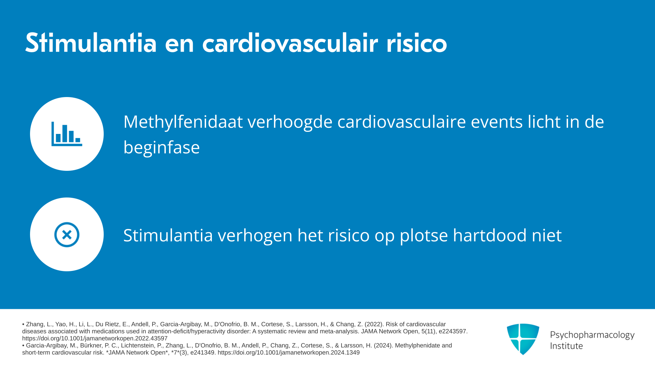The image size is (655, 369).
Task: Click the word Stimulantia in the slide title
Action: click(91, 43)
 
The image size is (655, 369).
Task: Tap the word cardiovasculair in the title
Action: click(290, 43)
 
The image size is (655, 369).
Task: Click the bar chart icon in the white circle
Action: click(67, 134)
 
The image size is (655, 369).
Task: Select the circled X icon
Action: click(67, 234)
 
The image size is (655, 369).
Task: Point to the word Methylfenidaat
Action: click(183, 122)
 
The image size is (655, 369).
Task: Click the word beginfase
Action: click(161, 148)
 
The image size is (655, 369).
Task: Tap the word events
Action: click(497, 122)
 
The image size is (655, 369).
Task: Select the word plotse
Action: click(424, 235)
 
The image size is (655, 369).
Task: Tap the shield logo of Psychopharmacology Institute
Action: click(523, 339)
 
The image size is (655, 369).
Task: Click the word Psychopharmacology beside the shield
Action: click(592, 335)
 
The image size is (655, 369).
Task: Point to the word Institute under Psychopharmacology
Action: click(567, 346)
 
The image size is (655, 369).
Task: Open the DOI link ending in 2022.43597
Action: click(95, 339)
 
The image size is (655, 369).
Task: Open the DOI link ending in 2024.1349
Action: click(289, 353)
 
